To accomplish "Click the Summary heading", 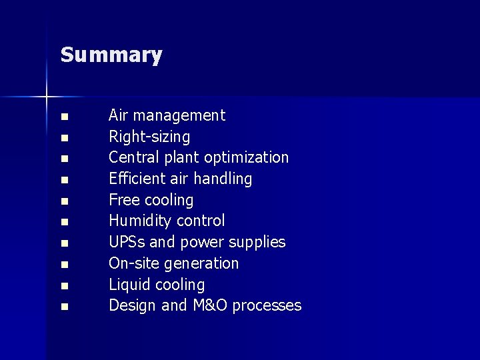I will (111, 55).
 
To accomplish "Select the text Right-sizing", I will (149, 137).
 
